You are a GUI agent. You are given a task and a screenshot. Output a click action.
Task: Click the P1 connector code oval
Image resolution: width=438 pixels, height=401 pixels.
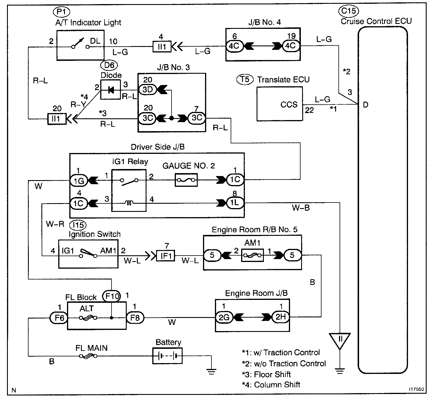(x=61, y=12)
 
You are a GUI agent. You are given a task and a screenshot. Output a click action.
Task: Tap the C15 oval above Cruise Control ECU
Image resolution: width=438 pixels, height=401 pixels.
(x=348, y=11)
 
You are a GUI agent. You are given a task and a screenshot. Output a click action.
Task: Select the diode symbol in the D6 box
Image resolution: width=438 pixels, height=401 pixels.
(x=111, y=90)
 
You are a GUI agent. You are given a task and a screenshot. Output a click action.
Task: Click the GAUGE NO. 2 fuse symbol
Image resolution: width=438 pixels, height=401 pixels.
(x=186, y=180)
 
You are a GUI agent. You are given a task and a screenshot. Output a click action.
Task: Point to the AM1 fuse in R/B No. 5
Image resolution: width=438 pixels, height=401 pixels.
(x=252, y=255)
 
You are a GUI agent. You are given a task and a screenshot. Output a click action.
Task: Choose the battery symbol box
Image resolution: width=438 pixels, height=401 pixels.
(x=167, y=356)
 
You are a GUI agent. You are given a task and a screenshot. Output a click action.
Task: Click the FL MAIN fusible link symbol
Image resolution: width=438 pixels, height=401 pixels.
(x=87, y=356)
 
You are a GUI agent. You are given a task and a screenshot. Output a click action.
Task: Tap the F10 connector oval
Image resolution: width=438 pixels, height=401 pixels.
(x=112, y=296)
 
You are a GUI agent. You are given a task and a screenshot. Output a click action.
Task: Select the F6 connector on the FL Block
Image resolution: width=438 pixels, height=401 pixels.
(x=59, y=318)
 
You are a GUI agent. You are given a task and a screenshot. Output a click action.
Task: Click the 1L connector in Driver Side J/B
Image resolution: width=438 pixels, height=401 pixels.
(x=235, y=203)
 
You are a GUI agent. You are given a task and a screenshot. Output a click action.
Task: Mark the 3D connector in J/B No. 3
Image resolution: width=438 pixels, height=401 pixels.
(x=148, y=90)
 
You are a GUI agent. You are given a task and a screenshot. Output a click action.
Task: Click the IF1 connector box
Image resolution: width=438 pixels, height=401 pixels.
(x=166, y=256)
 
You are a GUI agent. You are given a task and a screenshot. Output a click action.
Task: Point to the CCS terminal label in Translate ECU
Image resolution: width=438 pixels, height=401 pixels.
(x=289, y=105)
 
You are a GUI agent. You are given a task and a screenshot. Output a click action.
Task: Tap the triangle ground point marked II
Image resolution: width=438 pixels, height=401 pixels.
(x=340, y=340)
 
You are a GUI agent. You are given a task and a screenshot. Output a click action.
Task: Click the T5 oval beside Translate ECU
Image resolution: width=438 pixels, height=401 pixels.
(x=245, y=79)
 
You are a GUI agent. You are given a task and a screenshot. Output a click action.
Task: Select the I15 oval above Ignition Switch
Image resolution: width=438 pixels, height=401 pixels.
(x=78, y=225)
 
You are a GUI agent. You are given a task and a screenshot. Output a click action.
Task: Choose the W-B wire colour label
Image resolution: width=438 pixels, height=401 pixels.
(x=301, y=208)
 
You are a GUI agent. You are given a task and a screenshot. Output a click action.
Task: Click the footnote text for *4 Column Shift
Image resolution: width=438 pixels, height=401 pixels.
(x=271, y=385)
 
